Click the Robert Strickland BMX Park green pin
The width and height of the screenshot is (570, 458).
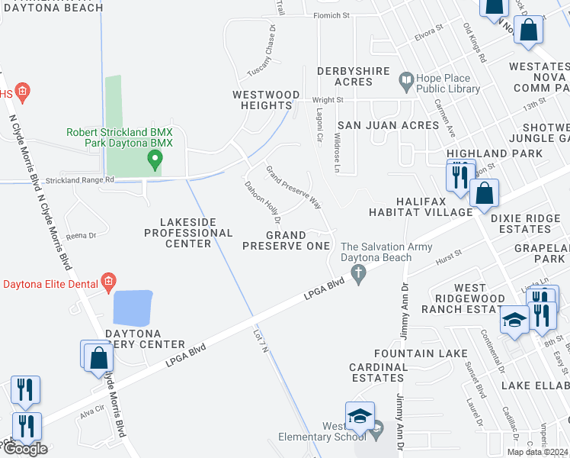click(155, 160)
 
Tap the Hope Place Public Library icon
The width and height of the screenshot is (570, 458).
click(405, 79)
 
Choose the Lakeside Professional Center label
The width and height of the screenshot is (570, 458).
click(188, 232)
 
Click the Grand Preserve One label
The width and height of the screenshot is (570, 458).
click(286, 240)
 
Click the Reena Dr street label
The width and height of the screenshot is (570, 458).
click(80, 236)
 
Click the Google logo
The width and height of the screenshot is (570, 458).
click(25, 449)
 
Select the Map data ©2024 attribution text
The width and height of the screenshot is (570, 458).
click(538, 452)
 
